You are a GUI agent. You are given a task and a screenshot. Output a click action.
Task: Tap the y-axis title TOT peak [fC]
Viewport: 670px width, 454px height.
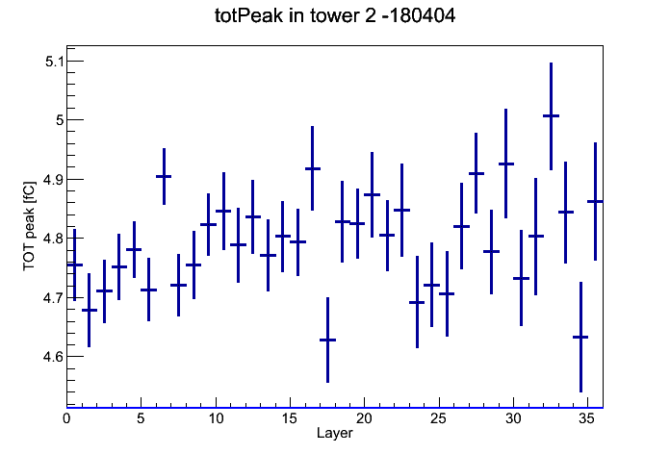pyautogui.click(x=29, y=226)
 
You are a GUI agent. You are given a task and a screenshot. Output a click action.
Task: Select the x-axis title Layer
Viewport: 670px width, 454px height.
pyautogui.click(x=335, y=433)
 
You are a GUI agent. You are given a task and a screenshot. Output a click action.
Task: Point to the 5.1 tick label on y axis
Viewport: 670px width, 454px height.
pyautogui.click(x=54, y=62)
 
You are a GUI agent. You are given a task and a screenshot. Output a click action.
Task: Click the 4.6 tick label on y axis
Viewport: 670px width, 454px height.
pyautogui.click(x=53, y=356)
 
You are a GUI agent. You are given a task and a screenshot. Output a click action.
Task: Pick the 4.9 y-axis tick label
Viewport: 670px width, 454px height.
pyautogui.click(x=53, y=179)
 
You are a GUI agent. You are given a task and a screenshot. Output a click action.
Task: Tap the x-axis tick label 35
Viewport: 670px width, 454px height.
pyautogui.click(x=586, y=418)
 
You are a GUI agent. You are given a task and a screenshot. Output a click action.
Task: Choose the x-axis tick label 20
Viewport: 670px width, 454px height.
pyautogui.click(x=364, y=418)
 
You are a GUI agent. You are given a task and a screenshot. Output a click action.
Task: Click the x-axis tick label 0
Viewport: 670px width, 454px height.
pyautogui.click(x=66, y=418)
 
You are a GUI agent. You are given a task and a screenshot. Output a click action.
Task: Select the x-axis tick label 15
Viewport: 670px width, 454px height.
pyautogui.click(x=290, y=418)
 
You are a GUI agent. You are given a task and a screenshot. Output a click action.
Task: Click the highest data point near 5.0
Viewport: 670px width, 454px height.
pyautogui.click(x=551, y=115)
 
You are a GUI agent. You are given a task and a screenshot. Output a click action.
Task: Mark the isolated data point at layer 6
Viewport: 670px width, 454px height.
pyautogui.click(x=164, y=176)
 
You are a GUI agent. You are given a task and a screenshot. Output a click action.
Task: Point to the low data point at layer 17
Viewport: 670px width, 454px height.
pyautogui.click(x=327, y=340)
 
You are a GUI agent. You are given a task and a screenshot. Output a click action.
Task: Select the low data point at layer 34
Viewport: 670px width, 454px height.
pyautogui.click(x=580, y=337)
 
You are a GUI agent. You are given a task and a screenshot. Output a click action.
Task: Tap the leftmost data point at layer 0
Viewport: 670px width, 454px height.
pyautogui.click(x=75, y=265)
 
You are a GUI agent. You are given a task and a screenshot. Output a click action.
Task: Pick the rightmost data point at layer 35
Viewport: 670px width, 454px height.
pyautogui.click(x=595, y=201)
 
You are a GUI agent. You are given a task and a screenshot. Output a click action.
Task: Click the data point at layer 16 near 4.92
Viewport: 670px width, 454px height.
pyautogui.click(x=312, y=168)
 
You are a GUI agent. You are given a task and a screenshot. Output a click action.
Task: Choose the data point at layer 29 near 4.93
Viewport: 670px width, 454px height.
pyautogui.click(x=506, y=164)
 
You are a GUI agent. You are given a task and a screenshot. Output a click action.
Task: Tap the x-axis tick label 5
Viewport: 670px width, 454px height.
pyautogui.click(x=141, y=418)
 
